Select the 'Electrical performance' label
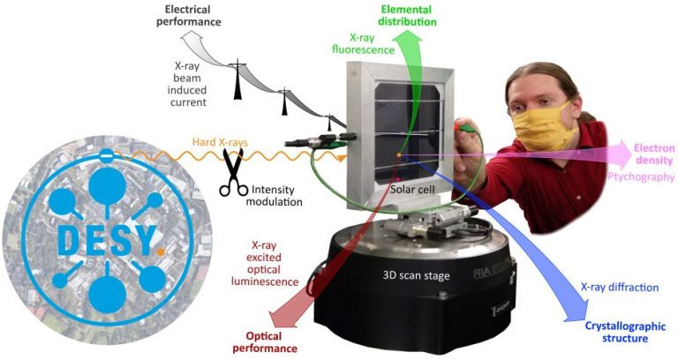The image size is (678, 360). [x=189, y=16]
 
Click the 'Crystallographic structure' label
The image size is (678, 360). [x=625, y=332]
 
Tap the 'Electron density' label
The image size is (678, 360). [x=654, y=154]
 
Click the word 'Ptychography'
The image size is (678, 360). [x=641, y=176]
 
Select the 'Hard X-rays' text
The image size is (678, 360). [x=220, y=142]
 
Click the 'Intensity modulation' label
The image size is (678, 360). [x=275, y=195]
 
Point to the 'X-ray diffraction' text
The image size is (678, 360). [x=619, y=288]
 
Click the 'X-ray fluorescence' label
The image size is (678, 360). [x=363, y=43]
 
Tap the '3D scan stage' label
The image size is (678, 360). [x=416, y=275]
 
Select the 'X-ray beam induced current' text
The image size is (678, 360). [x=187, y=85]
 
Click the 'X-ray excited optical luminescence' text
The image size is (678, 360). [x=265, y=263]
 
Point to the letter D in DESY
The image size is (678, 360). [x=68, y=240]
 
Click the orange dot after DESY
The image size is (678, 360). [x=161, y=251]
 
